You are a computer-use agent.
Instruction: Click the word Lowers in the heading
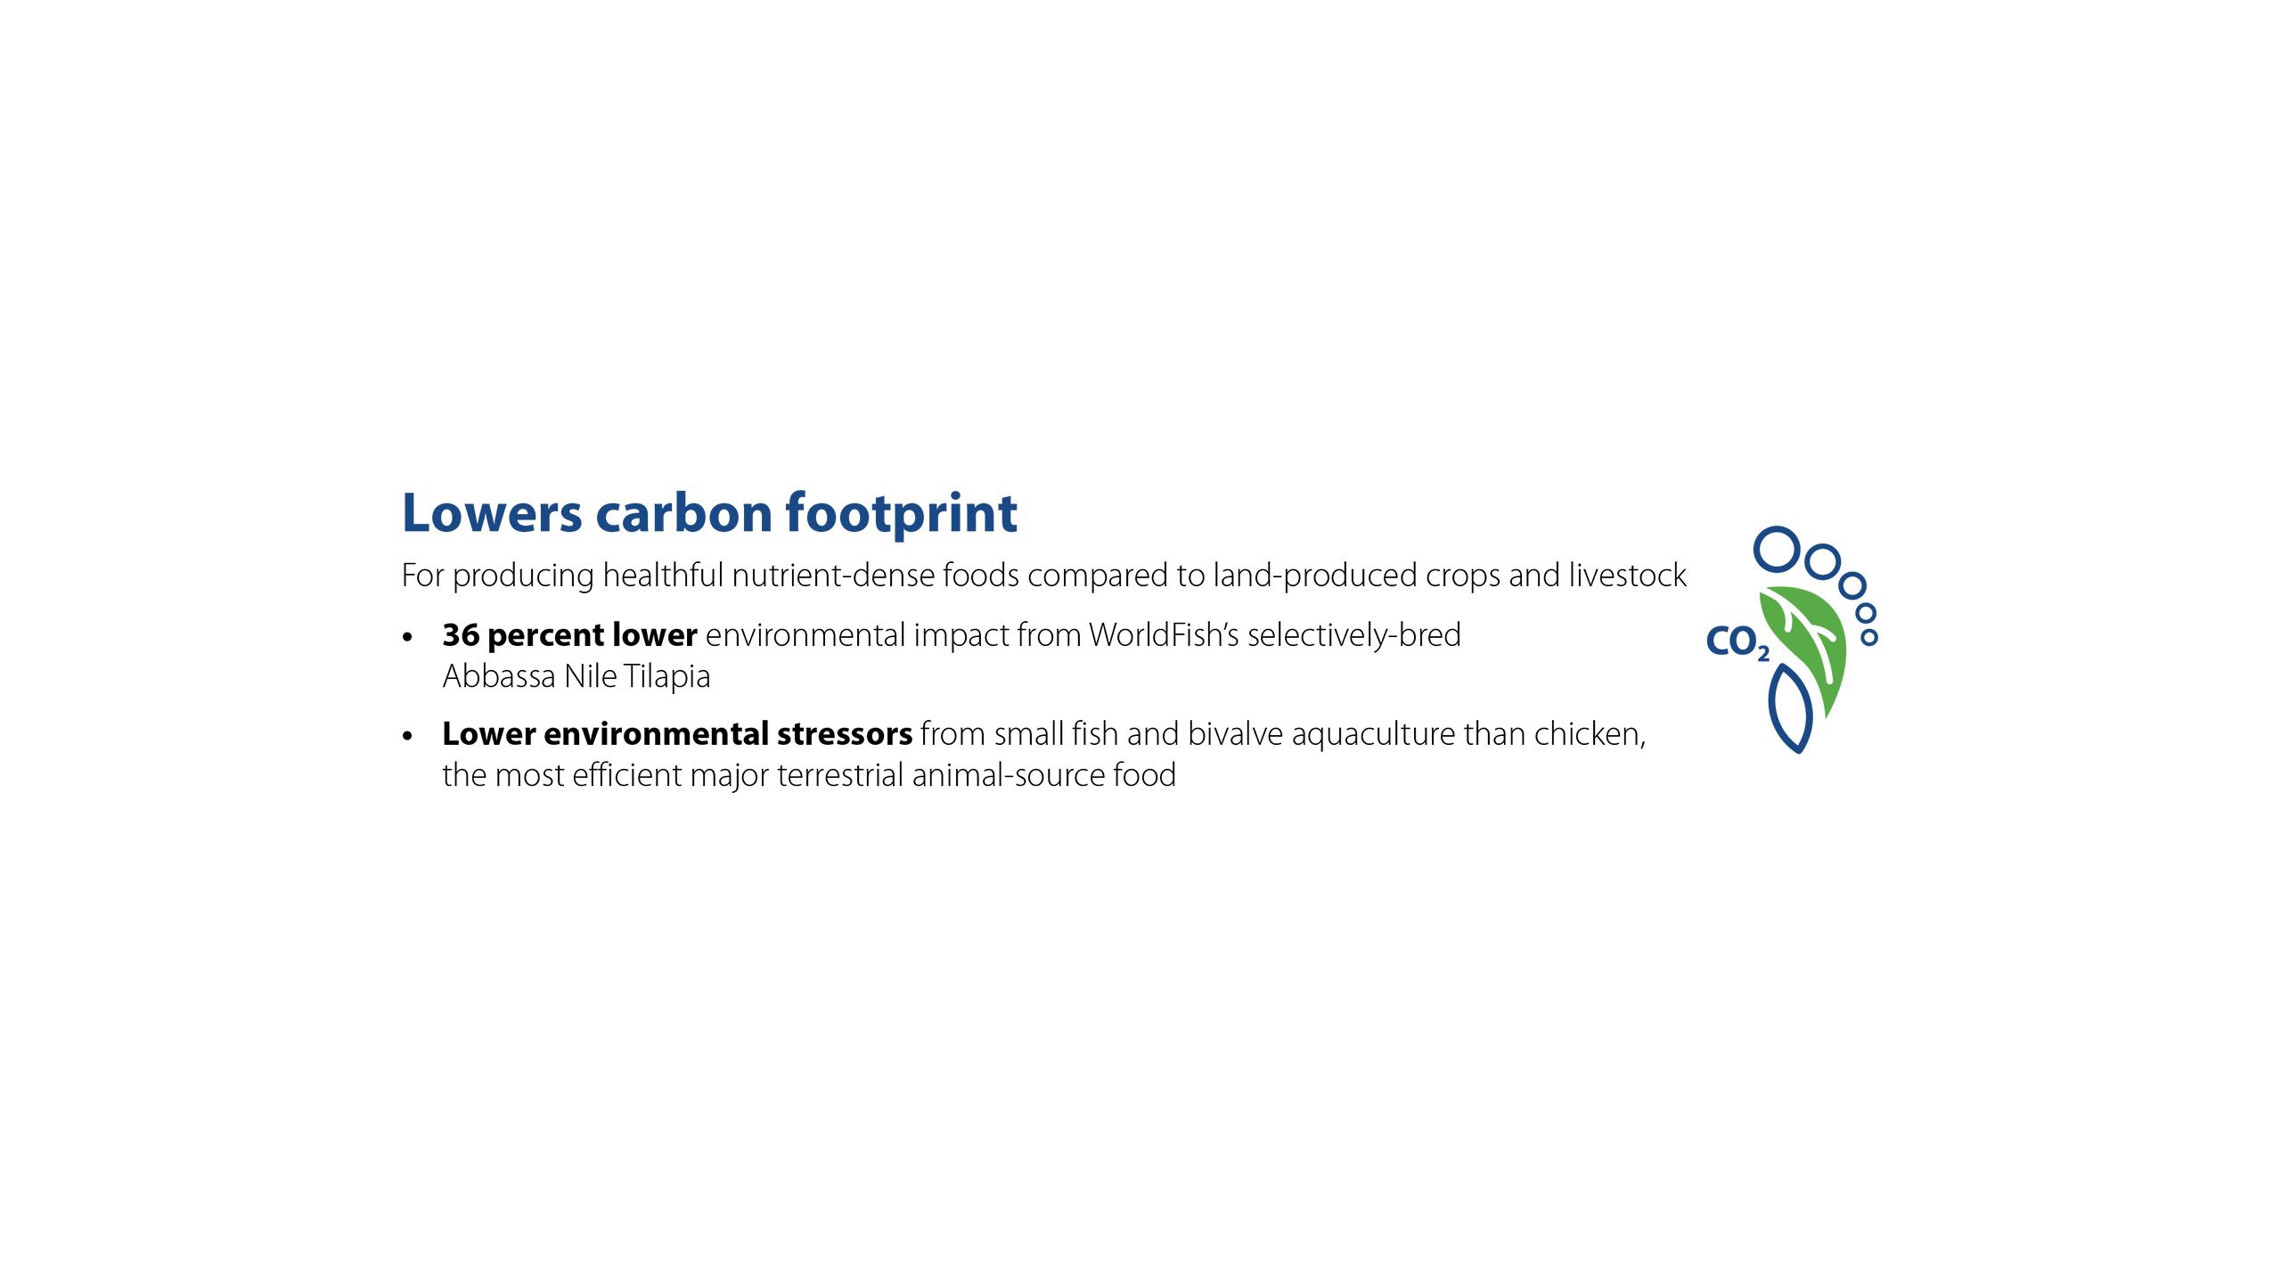coord(492,514)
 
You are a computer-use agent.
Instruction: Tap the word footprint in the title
coord(901,514)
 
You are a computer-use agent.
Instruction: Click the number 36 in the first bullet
coord(461,635)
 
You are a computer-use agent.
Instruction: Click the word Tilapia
coord(667,677)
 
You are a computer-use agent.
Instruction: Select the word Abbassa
coord(499,677)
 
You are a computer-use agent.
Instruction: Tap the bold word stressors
coord(845,734)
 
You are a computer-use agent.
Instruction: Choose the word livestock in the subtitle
coord(1628,576)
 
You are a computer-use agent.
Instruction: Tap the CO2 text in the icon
coord(1737,642)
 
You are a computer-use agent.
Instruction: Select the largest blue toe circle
coord(1778,550)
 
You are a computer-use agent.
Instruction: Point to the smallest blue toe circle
coord(1869,637)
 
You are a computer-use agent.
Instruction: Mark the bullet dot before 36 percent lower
coord(408,637)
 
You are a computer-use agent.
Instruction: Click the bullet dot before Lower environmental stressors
coord(408,736)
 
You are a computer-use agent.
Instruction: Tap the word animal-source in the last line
coord(1008,775)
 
